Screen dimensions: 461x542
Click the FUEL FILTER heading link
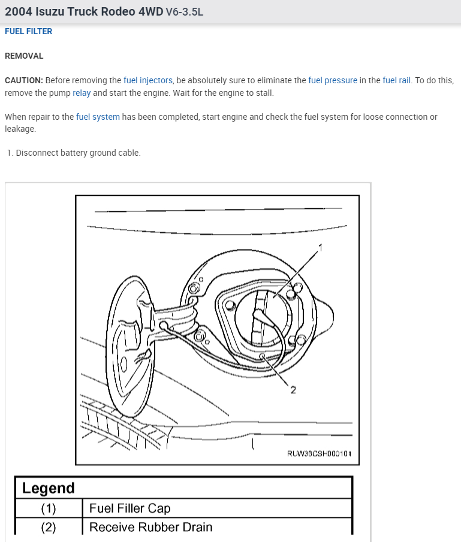(28, 31)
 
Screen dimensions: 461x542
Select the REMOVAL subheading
(24, 56)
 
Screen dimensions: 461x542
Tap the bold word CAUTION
(23, 80)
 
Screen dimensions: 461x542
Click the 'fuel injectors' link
(148, 80)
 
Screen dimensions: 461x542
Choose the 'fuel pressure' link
(333, 80)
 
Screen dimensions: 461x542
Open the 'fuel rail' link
(397, 80)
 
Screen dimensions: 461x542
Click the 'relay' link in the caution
(82, 93)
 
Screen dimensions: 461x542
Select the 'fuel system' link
(98, 117)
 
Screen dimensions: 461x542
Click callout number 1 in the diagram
(320, 247)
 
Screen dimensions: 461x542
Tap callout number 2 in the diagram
(293, 390)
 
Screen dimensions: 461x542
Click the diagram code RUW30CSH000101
(319, 453)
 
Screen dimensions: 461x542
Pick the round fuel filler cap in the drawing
(264, 317)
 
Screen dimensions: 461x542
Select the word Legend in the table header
(49, 488)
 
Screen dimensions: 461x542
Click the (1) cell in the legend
(49, 508)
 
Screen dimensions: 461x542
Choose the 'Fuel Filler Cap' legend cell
(129, 508)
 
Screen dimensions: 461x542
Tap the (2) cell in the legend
(49, 527)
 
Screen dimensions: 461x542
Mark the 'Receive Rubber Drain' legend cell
(150, 527)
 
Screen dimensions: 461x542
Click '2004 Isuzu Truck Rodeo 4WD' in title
(84, 12)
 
